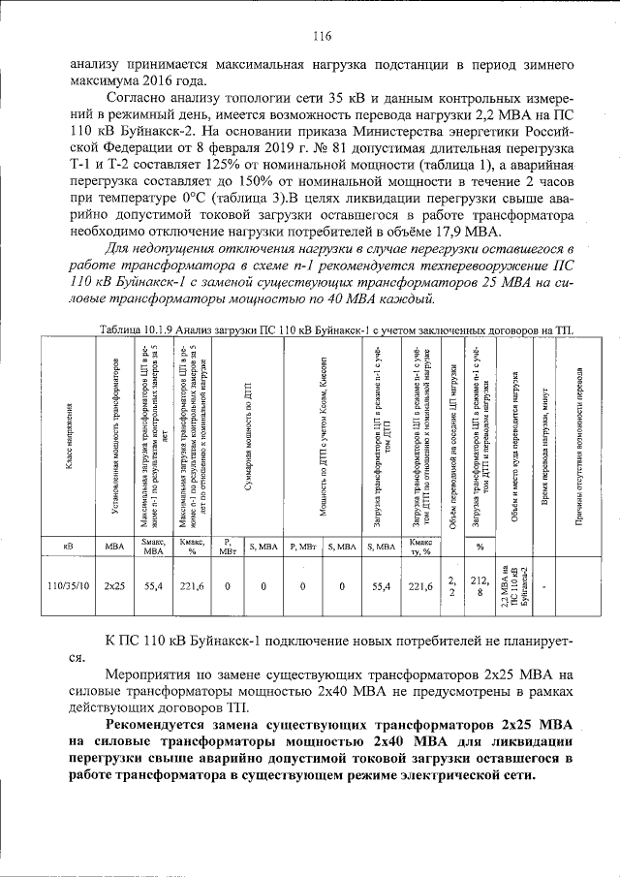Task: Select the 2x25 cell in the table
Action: click(114, 585)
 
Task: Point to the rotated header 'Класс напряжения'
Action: click(68, 436)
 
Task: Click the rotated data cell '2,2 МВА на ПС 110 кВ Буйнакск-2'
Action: click(514, 585)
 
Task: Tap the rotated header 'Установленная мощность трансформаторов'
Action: click(114, 436)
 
